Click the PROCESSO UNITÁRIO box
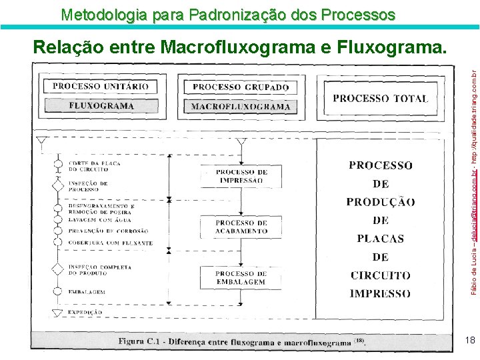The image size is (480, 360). point(101,87)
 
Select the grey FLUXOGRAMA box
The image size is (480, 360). point(101,105)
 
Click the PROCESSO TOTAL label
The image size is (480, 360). point(380,98)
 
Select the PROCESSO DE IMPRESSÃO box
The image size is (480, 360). point(241,176)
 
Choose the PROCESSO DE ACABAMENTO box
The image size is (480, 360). point(241,227)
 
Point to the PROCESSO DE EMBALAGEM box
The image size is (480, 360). point(241,277)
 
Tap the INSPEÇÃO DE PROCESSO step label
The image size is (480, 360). point(89,186)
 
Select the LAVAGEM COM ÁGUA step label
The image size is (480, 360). point(101,219)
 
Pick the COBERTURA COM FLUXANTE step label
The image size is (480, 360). point(110,243)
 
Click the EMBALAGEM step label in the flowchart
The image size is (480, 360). point(87,292)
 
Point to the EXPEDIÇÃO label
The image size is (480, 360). point(85,312)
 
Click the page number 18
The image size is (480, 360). point(470,341)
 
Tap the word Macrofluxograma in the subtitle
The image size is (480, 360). point(247,47)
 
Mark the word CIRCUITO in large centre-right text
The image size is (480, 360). point(381,275)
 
